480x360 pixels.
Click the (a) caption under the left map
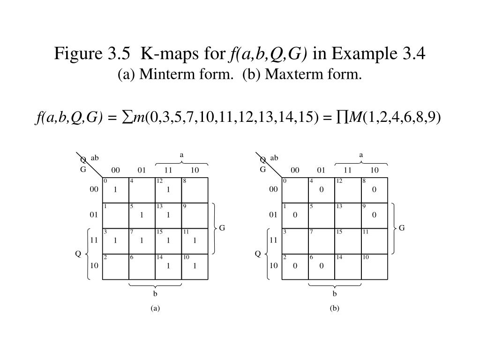(155, 308)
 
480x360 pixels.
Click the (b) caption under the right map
(334, 308)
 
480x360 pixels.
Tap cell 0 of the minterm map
(115, 190)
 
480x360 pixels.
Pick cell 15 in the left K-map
(168, 240)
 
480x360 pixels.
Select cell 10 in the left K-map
(194, 266)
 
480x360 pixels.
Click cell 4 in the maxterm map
(321, 190)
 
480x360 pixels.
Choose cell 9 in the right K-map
(374, 215)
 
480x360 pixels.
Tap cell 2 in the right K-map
(295, 266)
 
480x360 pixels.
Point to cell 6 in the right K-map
(321, 266)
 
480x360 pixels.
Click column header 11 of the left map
(169, 170)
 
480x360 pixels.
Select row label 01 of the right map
(273, 215)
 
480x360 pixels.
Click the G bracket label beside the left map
(222, 228)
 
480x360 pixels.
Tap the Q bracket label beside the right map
(258, 254)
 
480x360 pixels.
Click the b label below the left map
(155, 294)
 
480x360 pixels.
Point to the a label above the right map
(361, 155)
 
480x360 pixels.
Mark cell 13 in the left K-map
(168, 215)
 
